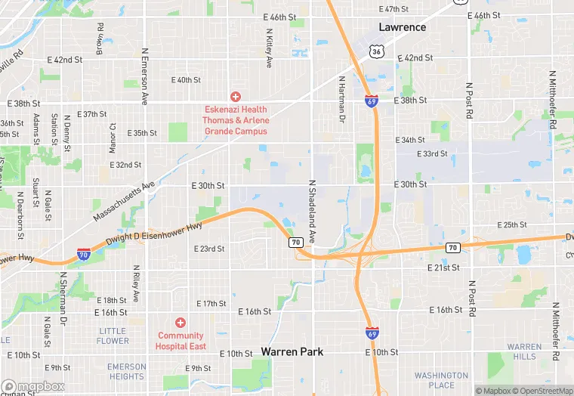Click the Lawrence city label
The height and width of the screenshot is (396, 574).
pos(403,27)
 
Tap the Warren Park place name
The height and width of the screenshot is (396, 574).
pos(292,351)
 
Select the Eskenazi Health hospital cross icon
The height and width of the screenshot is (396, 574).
pos(236,97)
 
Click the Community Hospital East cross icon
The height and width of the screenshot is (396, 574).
pos(181,323)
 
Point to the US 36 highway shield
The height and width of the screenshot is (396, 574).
pos(375,51)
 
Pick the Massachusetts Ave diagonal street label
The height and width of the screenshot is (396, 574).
pos(124,200)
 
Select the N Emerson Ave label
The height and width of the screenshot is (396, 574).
pos(144,76)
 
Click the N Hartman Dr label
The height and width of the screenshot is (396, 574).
pos(341,99)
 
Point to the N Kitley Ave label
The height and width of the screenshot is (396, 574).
pos(269,49)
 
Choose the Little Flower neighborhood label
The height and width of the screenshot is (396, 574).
pos(113,336)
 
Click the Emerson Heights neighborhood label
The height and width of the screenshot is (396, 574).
pos(126,372)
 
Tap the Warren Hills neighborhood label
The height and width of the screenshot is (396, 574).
pos(524,351)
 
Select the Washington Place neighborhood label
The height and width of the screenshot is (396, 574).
pos(441,379)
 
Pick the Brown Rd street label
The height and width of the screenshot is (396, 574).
pos(100,36)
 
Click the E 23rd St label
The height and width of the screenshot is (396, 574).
pos(209,249)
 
